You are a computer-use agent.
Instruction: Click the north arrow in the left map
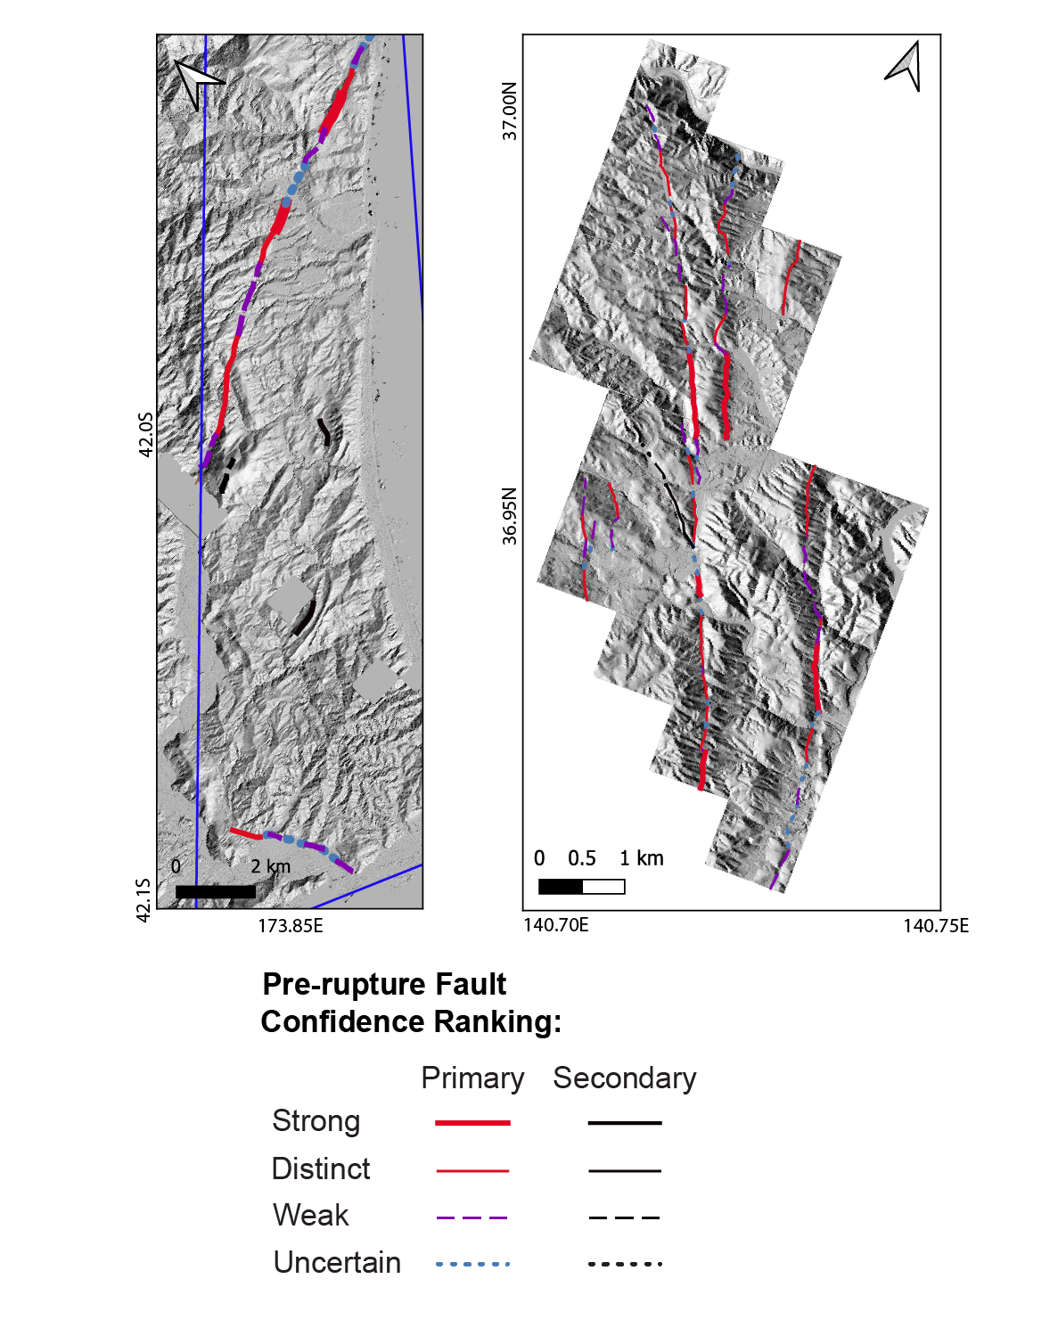[x=196, y=82]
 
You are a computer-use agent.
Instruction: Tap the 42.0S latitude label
[x=146, y=434]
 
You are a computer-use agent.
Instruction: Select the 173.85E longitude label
[x=291, y=926]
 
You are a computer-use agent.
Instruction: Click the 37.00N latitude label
[x=509, y=111]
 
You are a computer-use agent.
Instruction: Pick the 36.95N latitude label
[x=509, y=516]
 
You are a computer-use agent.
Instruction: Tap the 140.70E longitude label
[x=556, y=925]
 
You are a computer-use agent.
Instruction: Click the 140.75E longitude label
[x=935, y=925]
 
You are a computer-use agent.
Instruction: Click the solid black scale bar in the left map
[x=216, y=891]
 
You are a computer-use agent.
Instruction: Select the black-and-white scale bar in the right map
[x=581, y=887]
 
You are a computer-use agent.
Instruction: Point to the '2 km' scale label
[x=271, y=866]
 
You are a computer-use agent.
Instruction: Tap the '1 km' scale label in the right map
[x=642, y=858]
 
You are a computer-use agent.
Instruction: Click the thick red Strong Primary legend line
[x=472, y=1123]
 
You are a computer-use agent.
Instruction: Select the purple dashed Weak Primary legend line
[x=472, y=1217]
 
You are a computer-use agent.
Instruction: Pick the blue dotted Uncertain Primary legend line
[x=472, y=1264]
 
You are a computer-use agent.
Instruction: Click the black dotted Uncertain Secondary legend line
[x=625, y=1264]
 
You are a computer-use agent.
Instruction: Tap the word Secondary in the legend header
[x=625, y=1078]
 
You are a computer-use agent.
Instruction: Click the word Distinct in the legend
[x=320, y=1169]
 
